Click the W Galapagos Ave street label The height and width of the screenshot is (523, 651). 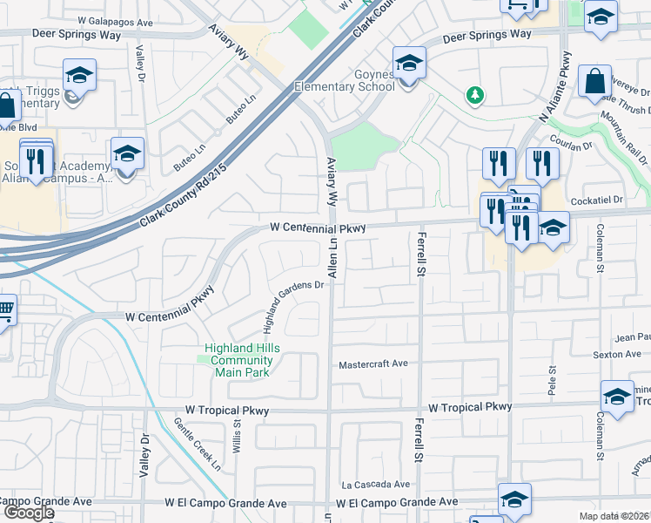tap(115, 19)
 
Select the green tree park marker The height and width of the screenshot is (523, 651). tap(475, 94)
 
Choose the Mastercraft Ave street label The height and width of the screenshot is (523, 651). tap(372, 364)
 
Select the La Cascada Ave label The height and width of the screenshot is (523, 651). tap(375, 485)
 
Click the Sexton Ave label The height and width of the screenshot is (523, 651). tap(621, 355)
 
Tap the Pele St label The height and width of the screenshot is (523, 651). tap(552, 381)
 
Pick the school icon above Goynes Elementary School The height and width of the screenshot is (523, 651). tap(408, 63)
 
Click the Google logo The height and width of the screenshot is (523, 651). tap(28, 513)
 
